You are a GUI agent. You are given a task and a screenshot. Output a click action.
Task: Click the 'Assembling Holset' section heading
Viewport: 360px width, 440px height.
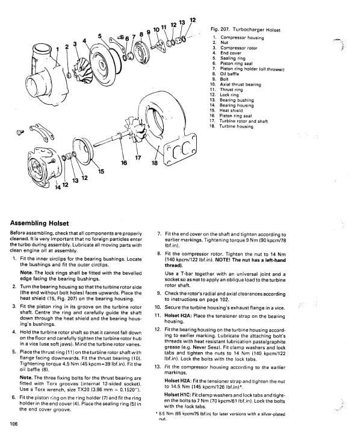tap(39, 223)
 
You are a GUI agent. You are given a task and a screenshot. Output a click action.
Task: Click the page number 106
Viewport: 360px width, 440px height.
tap(14, 424)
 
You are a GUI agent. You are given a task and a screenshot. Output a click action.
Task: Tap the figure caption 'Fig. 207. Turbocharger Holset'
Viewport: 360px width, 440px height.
tap(245, 29)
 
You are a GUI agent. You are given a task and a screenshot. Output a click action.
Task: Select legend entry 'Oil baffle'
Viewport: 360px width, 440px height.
tap(229, 74)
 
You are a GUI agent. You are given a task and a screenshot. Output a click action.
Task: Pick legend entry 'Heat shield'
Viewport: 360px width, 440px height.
tap(231, 111)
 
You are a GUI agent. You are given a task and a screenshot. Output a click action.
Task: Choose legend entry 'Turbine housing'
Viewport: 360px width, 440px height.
tap(236, 126)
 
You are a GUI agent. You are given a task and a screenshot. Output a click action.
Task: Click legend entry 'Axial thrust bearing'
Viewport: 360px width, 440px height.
tap(240, 84)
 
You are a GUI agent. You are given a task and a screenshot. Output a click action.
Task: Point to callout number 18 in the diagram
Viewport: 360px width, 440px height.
tap(155, 163)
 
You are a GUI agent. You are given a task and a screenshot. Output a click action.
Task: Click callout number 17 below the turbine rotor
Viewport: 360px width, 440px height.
tap(138, 158)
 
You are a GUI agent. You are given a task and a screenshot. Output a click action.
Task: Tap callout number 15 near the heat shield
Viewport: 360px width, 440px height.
tap(101, 172)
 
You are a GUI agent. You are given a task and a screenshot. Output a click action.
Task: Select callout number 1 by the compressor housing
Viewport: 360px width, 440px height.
tap(57, 49)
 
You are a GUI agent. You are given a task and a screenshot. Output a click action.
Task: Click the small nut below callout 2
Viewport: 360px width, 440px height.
tap(69, 75)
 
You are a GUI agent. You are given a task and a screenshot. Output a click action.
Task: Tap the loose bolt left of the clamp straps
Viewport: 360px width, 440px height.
tap(20, 132)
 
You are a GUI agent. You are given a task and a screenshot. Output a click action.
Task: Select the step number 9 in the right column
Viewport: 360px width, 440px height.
tap(158, 294)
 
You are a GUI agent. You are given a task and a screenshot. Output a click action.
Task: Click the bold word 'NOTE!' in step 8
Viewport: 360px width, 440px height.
tap(223, 260)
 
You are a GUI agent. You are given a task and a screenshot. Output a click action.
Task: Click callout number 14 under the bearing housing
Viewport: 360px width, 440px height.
tap(58, 187)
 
